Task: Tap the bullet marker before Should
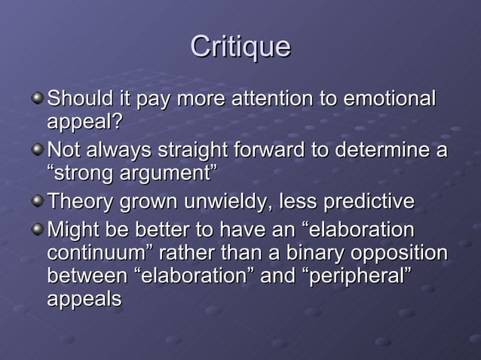tap(38, 99)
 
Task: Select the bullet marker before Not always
tap(38, 151)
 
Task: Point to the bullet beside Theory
tap(38, 203)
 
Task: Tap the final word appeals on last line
tap(84, 299)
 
